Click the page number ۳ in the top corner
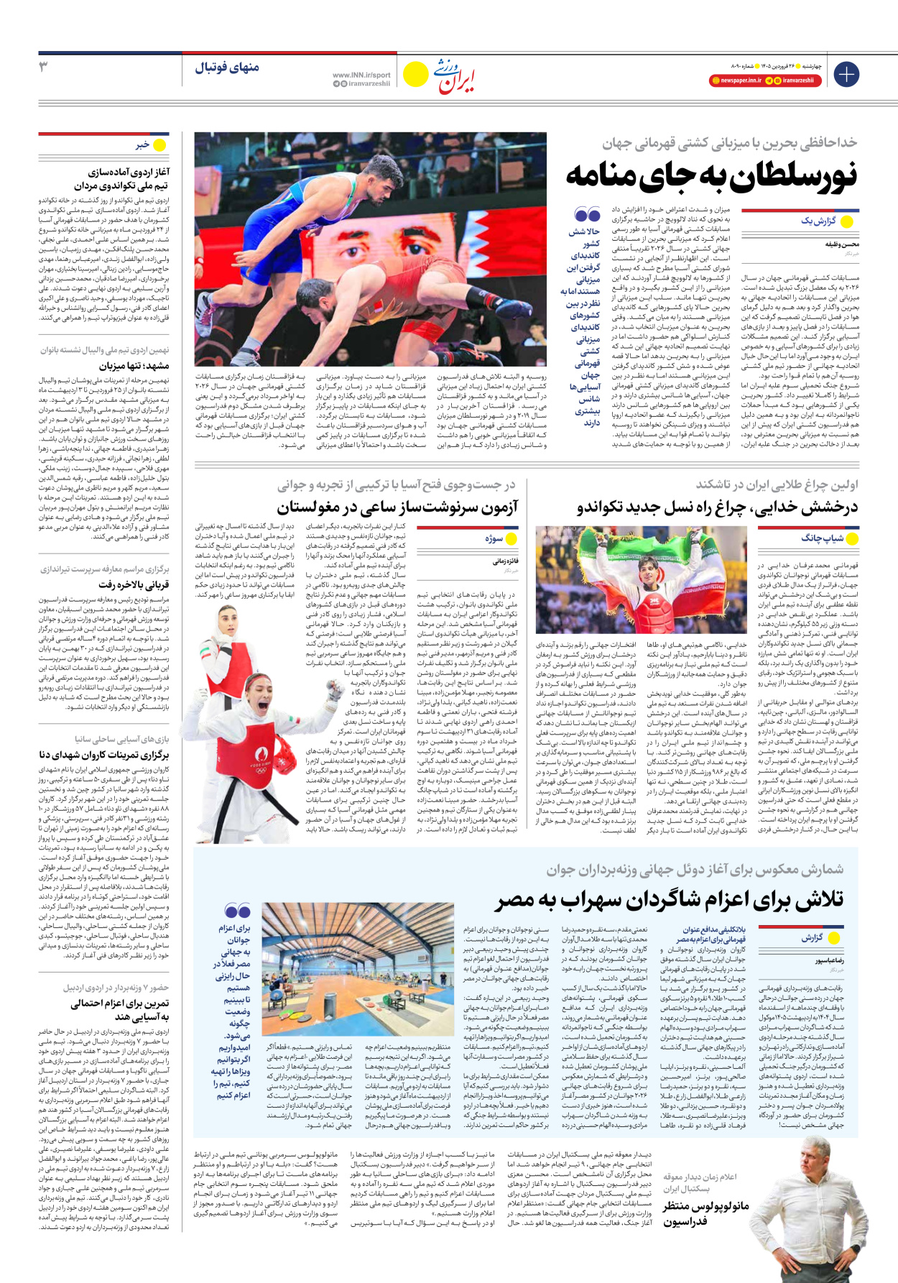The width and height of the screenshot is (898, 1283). click(x=42, y=67)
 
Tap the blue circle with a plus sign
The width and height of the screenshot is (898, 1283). click(x=846, y=73)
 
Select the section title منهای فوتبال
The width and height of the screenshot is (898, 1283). click(x=226, y=68)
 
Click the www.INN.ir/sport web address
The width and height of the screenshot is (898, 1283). click(x=361, y=75)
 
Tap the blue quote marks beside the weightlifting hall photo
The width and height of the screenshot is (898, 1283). click(x=238, y=911)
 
